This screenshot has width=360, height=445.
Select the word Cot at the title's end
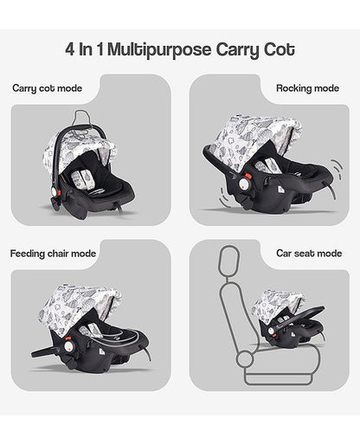(278, 50)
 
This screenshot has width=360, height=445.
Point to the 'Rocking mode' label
(308, 88)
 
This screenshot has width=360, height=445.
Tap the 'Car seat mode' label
(309, 254)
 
